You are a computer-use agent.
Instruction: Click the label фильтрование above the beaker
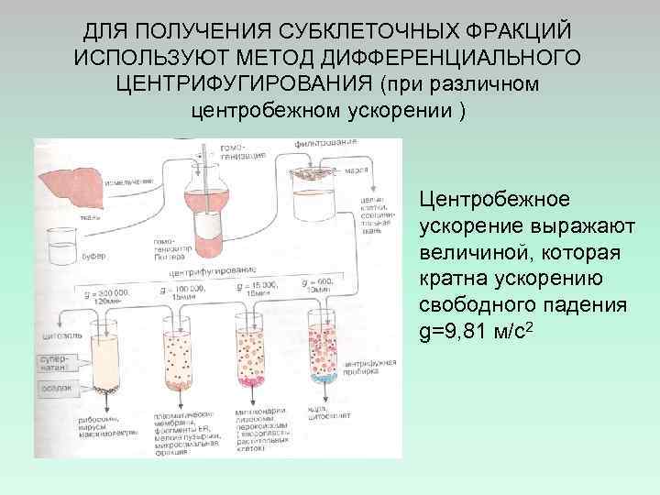[325, 144]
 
